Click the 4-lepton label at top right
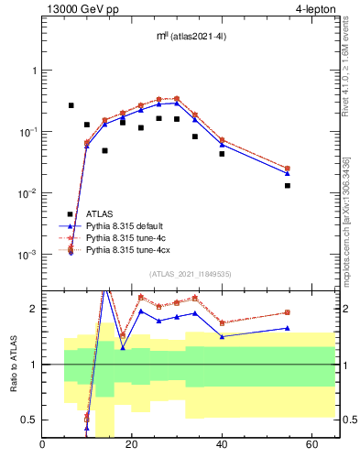pyautogui.click(x=316, y=9)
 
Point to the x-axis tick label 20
pyautogui.click(x=132, y=445)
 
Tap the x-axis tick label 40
pyautogui.click(x=222, y=445)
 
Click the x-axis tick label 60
pyautogui.click(x=311, y=445)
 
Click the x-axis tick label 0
pyautogui.click(x=43, y=445)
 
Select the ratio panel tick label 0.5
pyautogui.click(x=27, y=420)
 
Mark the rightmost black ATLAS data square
pyautogui.click(x=288, y=186)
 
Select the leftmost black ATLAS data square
pyautogui.click(x=71, y=105)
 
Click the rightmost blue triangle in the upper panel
pyautogui.click(x=288, y=173)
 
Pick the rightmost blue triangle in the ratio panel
pyautogui.click(x=288, y=328)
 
